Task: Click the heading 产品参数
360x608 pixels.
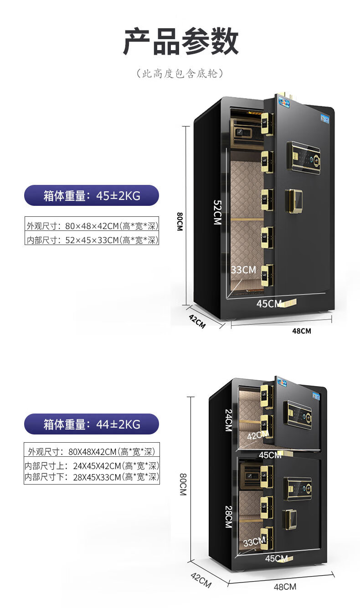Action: tap(181, 41)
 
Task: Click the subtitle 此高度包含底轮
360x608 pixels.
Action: tap(180, 74)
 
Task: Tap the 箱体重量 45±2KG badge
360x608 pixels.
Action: tap(92, 195)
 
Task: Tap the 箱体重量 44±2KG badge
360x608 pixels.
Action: tap(92, 424)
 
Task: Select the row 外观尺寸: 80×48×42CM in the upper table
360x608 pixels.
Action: tap(92, 225)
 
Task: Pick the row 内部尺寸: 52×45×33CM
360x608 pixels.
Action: tap(92, 240)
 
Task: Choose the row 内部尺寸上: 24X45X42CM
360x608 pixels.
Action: tap(92, 466)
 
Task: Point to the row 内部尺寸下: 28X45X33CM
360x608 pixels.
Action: tap(92, 477)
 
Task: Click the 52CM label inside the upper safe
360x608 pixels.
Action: tap(217, 212)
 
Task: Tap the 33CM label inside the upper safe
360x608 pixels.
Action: tap(243, 270)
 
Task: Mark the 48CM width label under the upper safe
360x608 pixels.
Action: tap(301, 331)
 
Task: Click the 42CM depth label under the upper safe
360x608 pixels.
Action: tap(197, 321)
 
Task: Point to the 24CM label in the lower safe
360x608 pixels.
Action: tap(228, 420)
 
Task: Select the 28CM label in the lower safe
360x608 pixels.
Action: tap(228, 517)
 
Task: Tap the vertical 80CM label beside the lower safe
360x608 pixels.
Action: tap(183, 484)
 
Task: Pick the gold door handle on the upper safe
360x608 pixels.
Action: tap(293, 201)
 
